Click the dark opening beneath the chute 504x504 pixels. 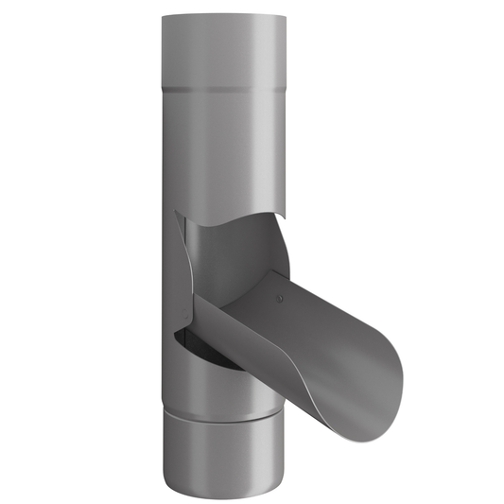(x=213, y=353)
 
